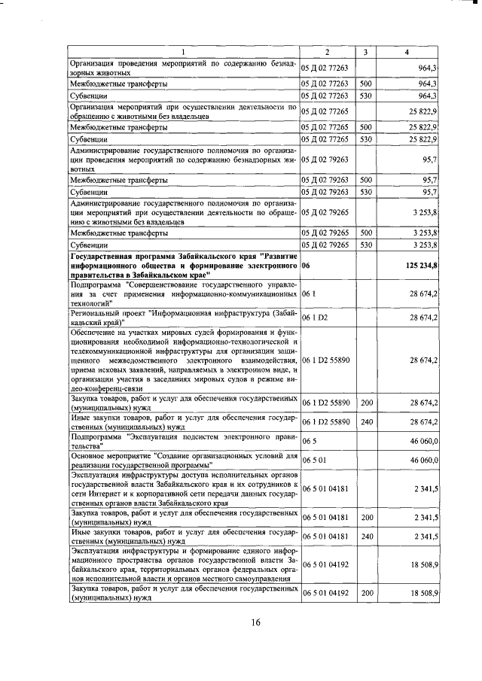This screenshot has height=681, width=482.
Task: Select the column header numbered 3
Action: pos(365,51)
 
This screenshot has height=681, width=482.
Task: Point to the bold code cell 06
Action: pos(305,266)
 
